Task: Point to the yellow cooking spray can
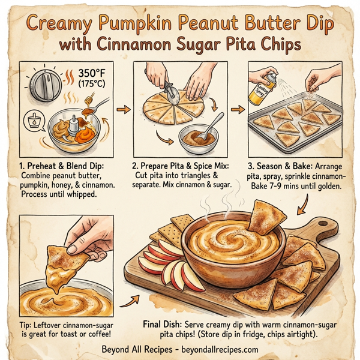[x=262, y=85]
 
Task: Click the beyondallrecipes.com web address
[x=218, y=349]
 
